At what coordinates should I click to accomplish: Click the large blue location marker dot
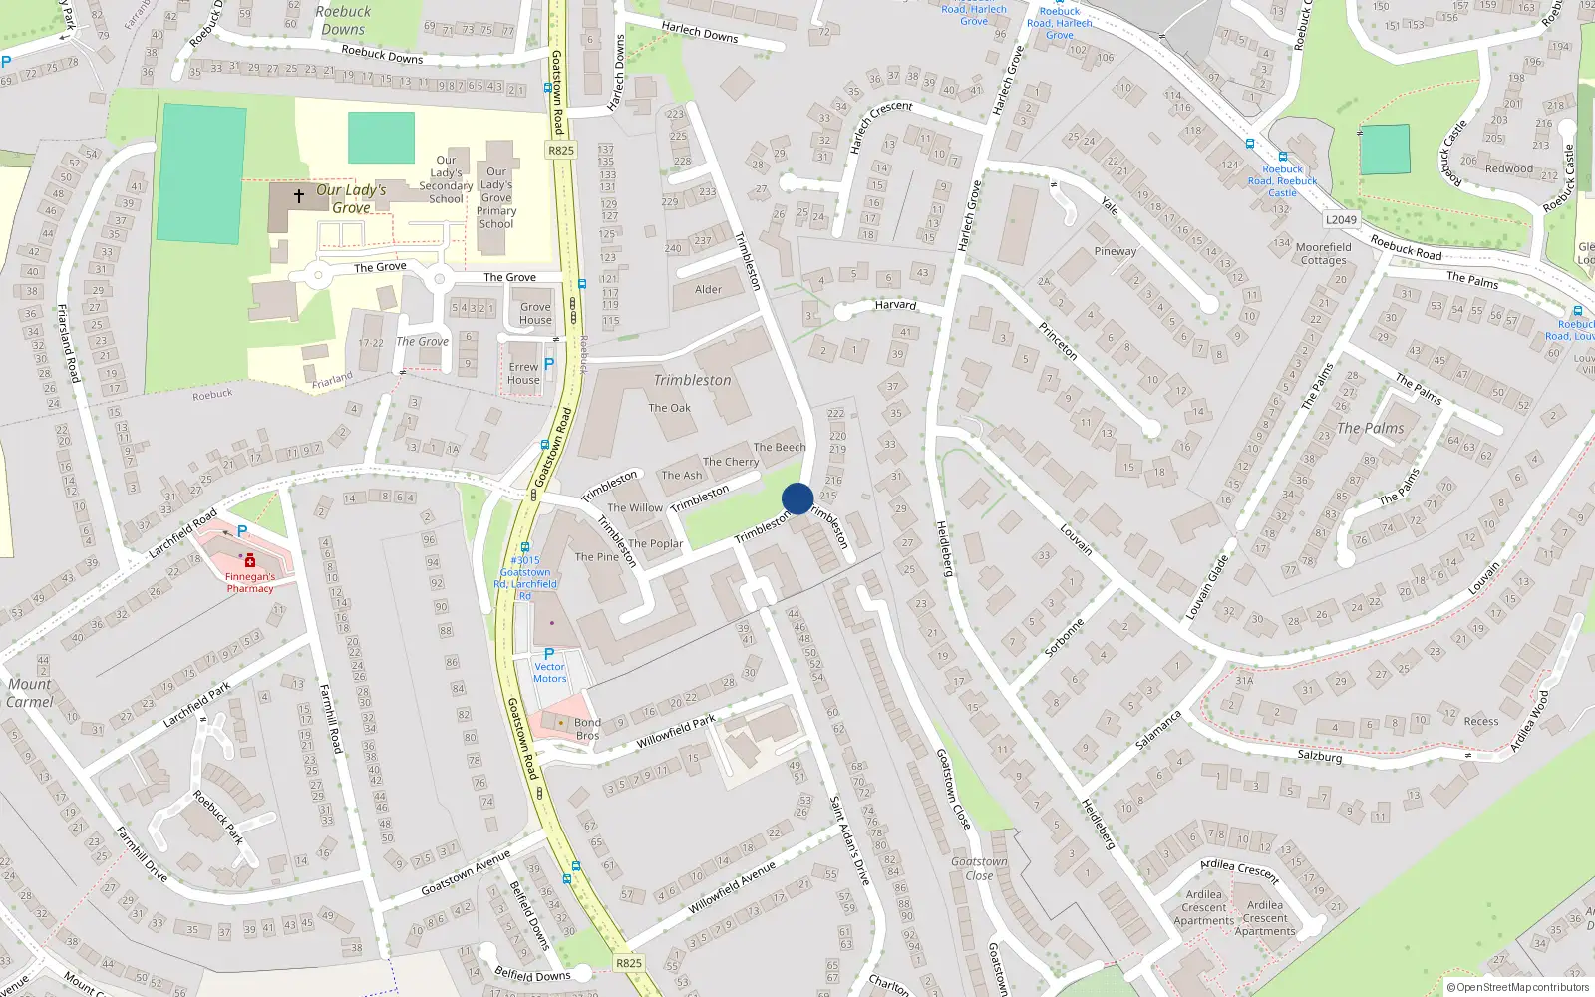coord(797,498)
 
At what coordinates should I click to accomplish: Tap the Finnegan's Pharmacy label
coord(249,582)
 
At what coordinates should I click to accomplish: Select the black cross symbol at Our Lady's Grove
coord(299,196)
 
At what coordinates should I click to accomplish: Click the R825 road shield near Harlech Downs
coord(561,150)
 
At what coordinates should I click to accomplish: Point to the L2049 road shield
coord(1341,219)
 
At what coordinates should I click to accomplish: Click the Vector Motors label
coord(549,673)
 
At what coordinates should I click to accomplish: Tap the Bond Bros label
coord(587,729)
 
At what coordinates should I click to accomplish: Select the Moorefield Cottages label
coord(1324,254)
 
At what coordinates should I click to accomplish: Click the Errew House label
coord(523,373)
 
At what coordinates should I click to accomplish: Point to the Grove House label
coord(535,313)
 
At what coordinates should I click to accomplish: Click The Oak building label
coord(669,408)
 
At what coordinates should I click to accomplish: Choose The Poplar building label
coord(655,544)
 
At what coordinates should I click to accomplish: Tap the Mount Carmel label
coord(30,693)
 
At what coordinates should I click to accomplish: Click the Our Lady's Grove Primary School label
coord(496,197)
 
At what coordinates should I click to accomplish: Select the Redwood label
coord(1508,168)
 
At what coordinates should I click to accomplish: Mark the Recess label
coord(1481,721)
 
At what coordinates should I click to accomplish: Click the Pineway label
coord(1115,251)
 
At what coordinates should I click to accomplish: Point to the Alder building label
coord(708,290)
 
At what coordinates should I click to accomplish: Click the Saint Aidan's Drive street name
coord(850,840)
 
